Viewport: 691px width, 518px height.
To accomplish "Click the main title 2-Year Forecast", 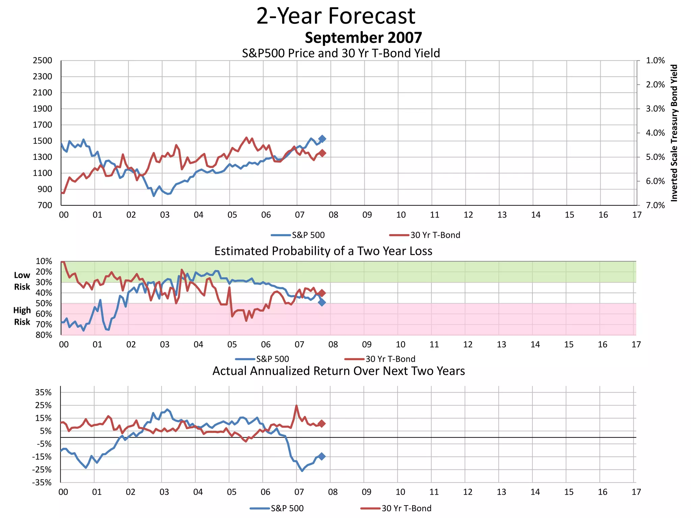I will pos(336,16).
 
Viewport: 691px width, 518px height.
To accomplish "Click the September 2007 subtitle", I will pos(363,38).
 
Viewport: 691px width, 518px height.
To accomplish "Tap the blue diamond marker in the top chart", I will pos(322,139).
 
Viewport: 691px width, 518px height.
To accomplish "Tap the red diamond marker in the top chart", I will pos(322,153).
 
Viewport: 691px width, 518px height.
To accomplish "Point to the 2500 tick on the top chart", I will pos(43,61).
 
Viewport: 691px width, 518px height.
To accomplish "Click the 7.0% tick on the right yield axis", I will pos(655,205).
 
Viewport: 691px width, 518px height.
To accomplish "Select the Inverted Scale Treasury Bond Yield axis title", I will pos(674,133).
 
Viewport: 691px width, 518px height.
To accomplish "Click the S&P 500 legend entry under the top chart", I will pos(298,235).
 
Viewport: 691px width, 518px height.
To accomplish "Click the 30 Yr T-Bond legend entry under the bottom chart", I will pos(396,508).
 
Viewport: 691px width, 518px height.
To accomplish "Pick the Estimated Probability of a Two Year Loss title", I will pos(323,251).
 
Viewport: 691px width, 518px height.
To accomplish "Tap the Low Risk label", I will pos(22,281).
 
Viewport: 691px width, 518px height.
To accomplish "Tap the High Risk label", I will pos(22,316).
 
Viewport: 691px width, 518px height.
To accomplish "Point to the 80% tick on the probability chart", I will pos(44,335).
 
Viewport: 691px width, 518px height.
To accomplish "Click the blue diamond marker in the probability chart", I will pos(322,303).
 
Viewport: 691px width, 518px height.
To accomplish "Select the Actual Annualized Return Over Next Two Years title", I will pos(338,371).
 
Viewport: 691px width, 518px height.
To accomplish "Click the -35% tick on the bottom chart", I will pos(42,483).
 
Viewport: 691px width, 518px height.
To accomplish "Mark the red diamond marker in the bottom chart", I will pos(322,424).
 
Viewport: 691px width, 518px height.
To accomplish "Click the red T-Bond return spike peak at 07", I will pos(297,406).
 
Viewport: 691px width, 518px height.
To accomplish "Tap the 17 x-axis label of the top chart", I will pos(637,215).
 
